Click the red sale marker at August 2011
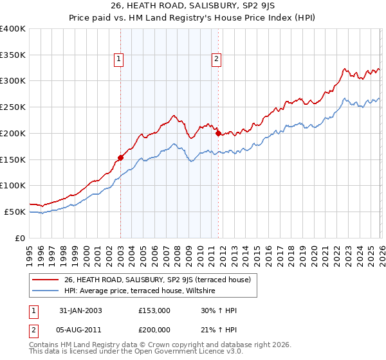218,133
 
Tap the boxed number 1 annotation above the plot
120,60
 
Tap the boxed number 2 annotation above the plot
216,60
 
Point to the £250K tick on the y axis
13,107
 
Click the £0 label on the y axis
21,238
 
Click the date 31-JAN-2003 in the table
78,310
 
